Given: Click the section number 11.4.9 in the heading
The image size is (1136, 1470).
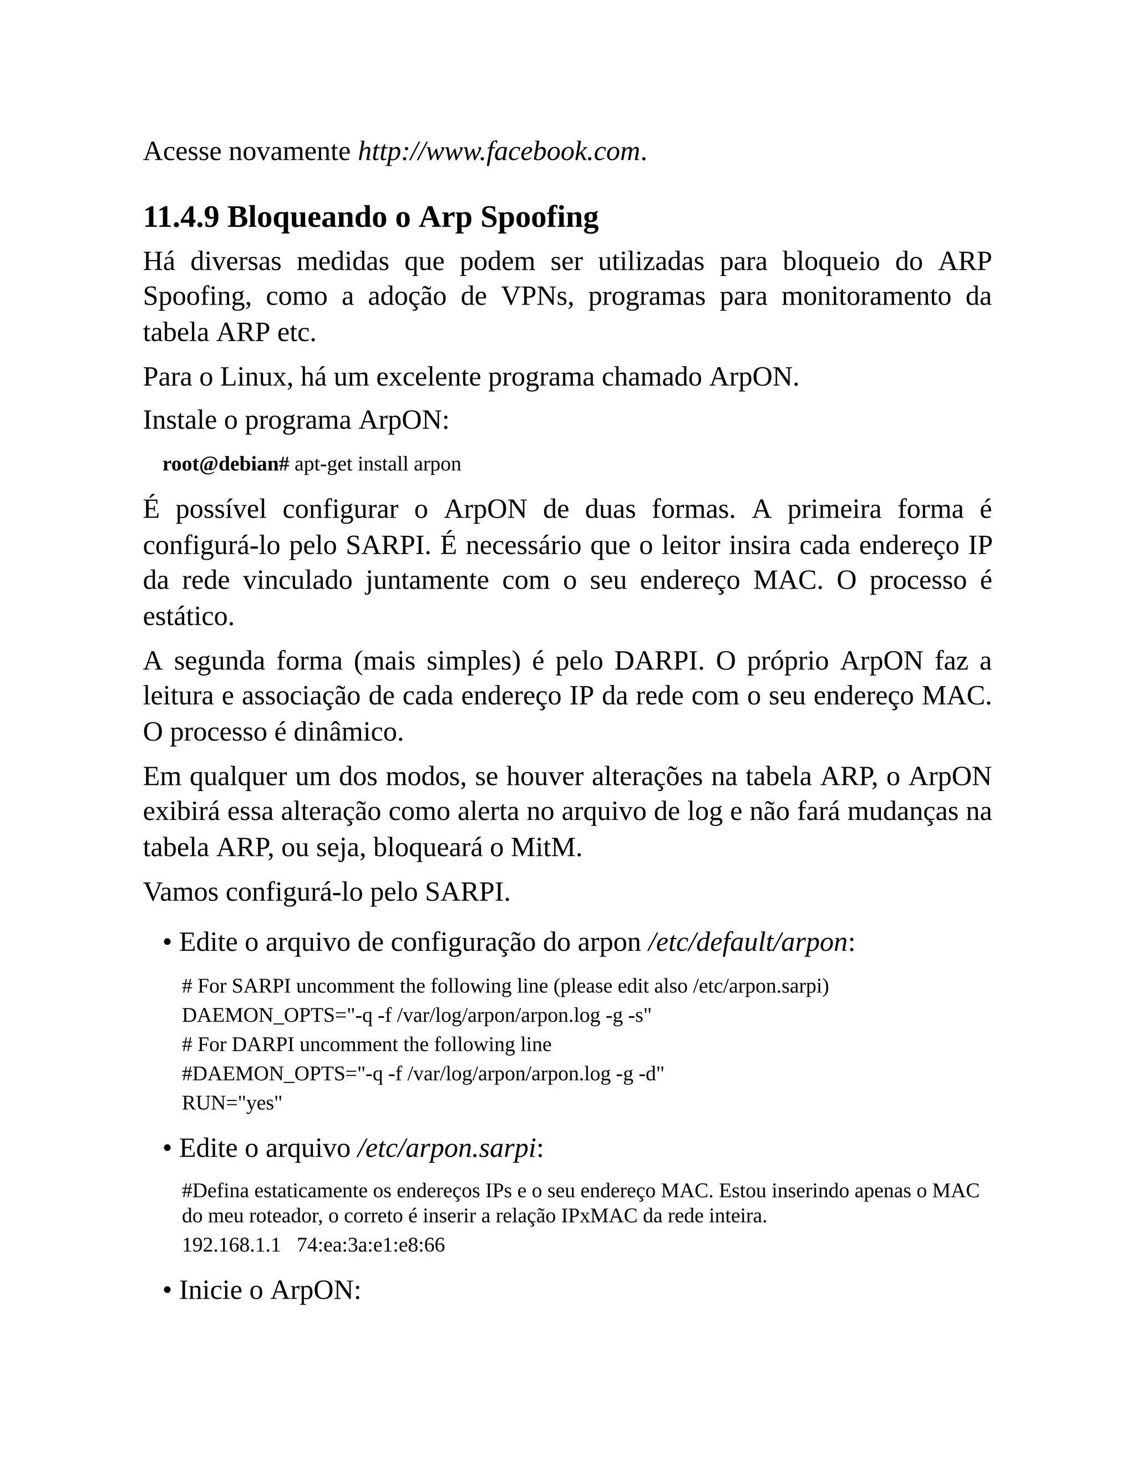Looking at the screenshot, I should click(181, 217).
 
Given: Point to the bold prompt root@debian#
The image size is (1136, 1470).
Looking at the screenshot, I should click(225, 464).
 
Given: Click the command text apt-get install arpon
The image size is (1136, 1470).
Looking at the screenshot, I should click(378, 464).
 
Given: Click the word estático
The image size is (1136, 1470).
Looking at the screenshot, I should click(189, 616).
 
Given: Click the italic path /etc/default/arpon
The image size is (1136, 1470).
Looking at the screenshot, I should click(747, 942).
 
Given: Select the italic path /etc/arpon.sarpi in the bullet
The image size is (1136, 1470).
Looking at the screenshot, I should click(446, 1148).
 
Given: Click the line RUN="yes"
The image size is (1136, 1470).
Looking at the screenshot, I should click(232, 1103).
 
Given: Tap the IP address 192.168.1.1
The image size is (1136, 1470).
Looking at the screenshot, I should click(231, 1245).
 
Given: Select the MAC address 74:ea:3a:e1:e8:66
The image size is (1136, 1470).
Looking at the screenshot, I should click(371, 1245).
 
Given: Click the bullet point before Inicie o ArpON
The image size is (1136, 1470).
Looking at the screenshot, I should click(166, 1291).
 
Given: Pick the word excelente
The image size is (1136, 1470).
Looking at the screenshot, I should click(429, 378).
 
